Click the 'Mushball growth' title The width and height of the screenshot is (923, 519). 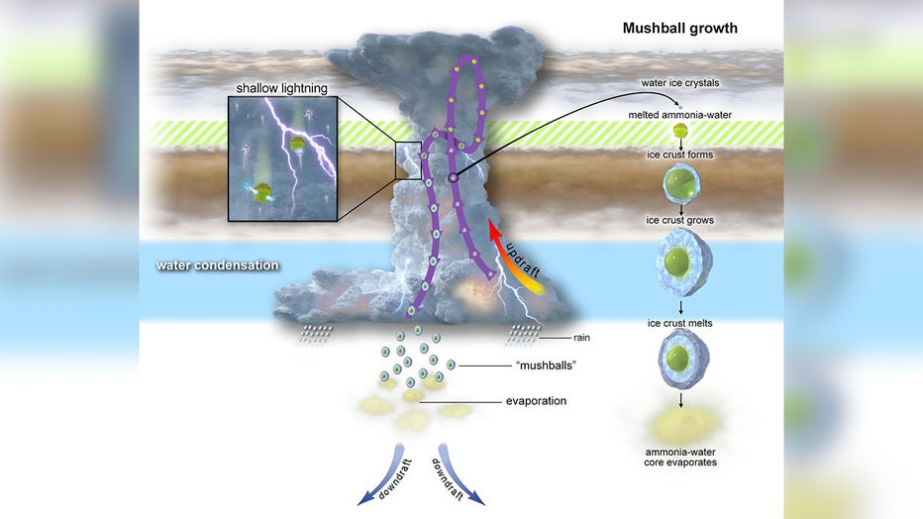coord(679,28)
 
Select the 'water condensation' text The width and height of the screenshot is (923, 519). coord(217,265)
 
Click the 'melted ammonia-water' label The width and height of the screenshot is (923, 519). coord(679,115)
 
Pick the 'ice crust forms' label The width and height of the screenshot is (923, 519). coord(679,155)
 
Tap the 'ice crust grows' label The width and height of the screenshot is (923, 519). coord(679,219)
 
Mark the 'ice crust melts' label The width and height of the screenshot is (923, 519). coord(679,322)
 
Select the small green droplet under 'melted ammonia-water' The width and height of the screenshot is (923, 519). coord(679,132)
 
